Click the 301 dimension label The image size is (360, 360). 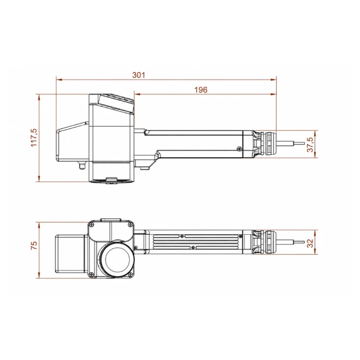click(x=139, y=75)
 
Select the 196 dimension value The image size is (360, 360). click(x=201, y=90)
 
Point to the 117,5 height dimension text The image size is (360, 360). click(x=34, y=138)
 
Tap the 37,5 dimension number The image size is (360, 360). click(x=310, y=144)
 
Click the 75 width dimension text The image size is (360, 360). click(x=34, y=245)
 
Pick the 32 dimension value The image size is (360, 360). click(x=310, y=243)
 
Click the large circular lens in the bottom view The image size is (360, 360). click(x=116, y=259)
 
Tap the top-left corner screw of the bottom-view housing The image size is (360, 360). click(x=92, y=225)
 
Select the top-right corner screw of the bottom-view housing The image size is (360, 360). click(x=130, y=225)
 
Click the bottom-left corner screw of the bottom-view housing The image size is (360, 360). click(x=92, y=274)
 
